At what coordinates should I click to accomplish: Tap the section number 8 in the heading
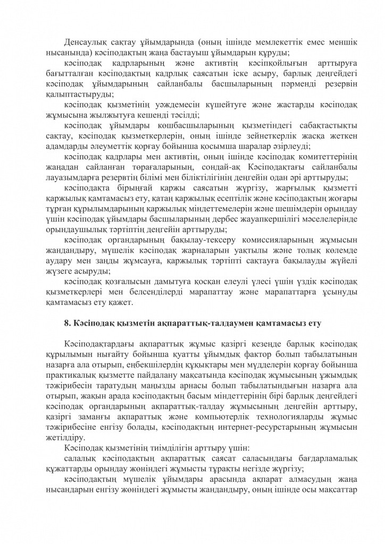(66, 322)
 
